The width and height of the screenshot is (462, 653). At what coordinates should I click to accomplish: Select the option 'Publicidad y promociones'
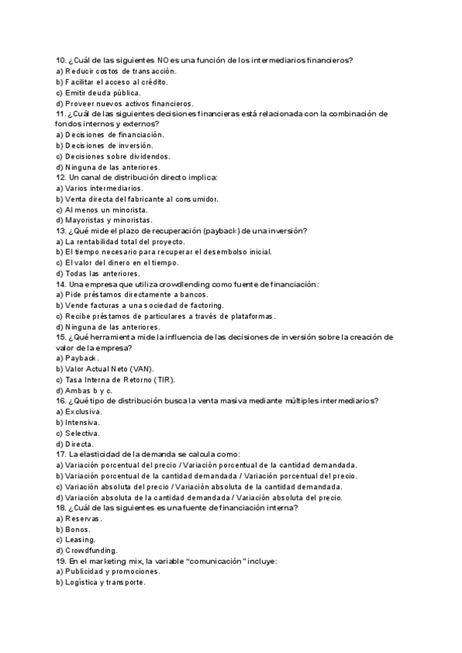tap(112, 571)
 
